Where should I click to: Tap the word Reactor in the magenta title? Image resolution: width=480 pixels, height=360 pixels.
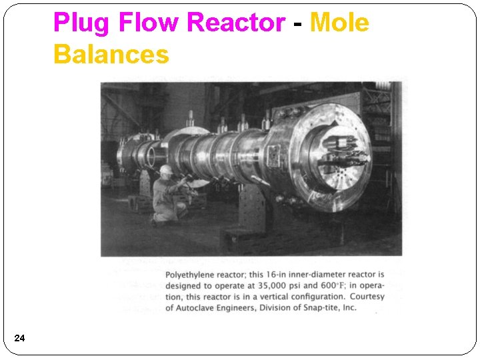click(235, 23)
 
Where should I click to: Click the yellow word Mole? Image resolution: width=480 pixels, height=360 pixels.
click(339, 23)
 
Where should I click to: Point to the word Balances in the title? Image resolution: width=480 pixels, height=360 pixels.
click(111, 54)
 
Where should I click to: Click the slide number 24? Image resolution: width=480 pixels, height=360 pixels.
click(19, 339)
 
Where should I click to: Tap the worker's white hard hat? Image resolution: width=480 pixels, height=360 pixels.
click(166, 170)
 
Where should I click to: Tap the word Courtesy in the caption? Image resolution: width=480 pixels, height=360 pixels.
click(367, 297)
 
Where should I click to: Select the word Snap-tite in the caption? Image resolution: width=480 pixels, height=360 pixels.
click(317, 307)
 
